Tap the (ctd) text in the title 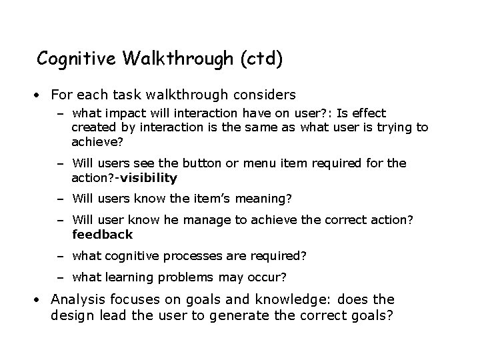click(259, 59)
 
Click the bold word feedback click(103, 234)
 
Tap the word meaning click(258, 198)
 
